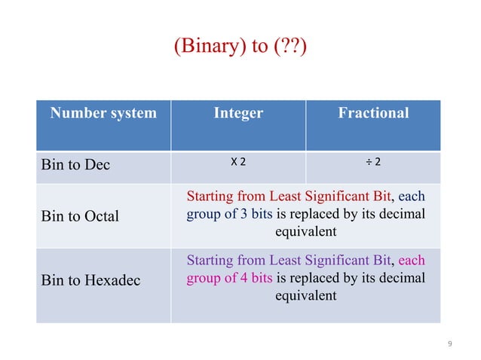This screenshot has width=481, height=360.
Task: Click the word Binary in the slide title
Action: tap(205, 47)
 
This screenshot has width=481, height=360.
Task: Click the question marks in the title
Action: tap(290, 47)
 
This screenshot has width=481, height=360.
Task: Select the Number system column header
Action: tap(103, 114)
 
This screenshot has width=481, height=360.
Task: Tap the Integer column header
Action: tap(238, 114)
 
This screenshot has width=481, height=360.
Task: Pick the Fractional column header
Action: tap(373, 114)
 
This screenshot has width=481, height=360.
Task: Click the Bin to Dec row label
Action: tap(75, 164)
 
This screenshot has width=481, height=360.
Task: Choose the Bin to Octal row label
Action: tap(80, 216)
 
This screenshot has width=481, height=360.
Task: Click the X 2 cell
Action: tap(238, 163)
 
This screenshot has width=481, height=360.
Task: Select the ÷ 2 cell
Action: tap(372, 163)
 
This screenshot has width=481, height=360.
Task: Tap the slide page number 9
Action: tap(450, 344)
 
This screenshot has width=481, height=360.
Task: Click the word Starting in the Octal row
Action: tap(210, 197)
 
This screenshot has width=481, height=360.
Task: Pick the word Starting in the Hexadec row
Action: tap(210, 261)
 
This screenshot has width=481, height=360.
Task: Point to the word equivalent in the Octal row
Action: tap(305, 232)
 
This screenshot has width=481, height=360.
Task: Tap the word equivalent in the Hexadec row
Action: tap(305, 296)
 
